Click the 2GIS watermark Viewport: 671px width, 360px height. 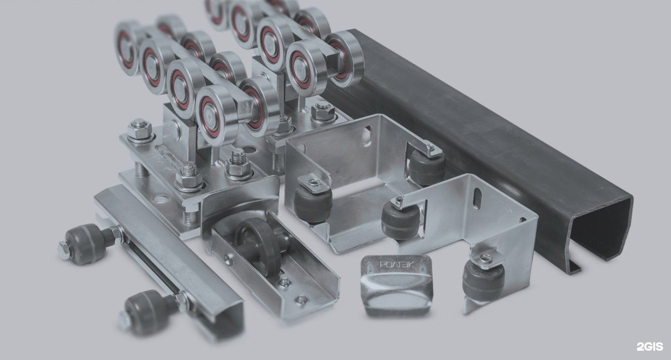coord(650,347)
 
